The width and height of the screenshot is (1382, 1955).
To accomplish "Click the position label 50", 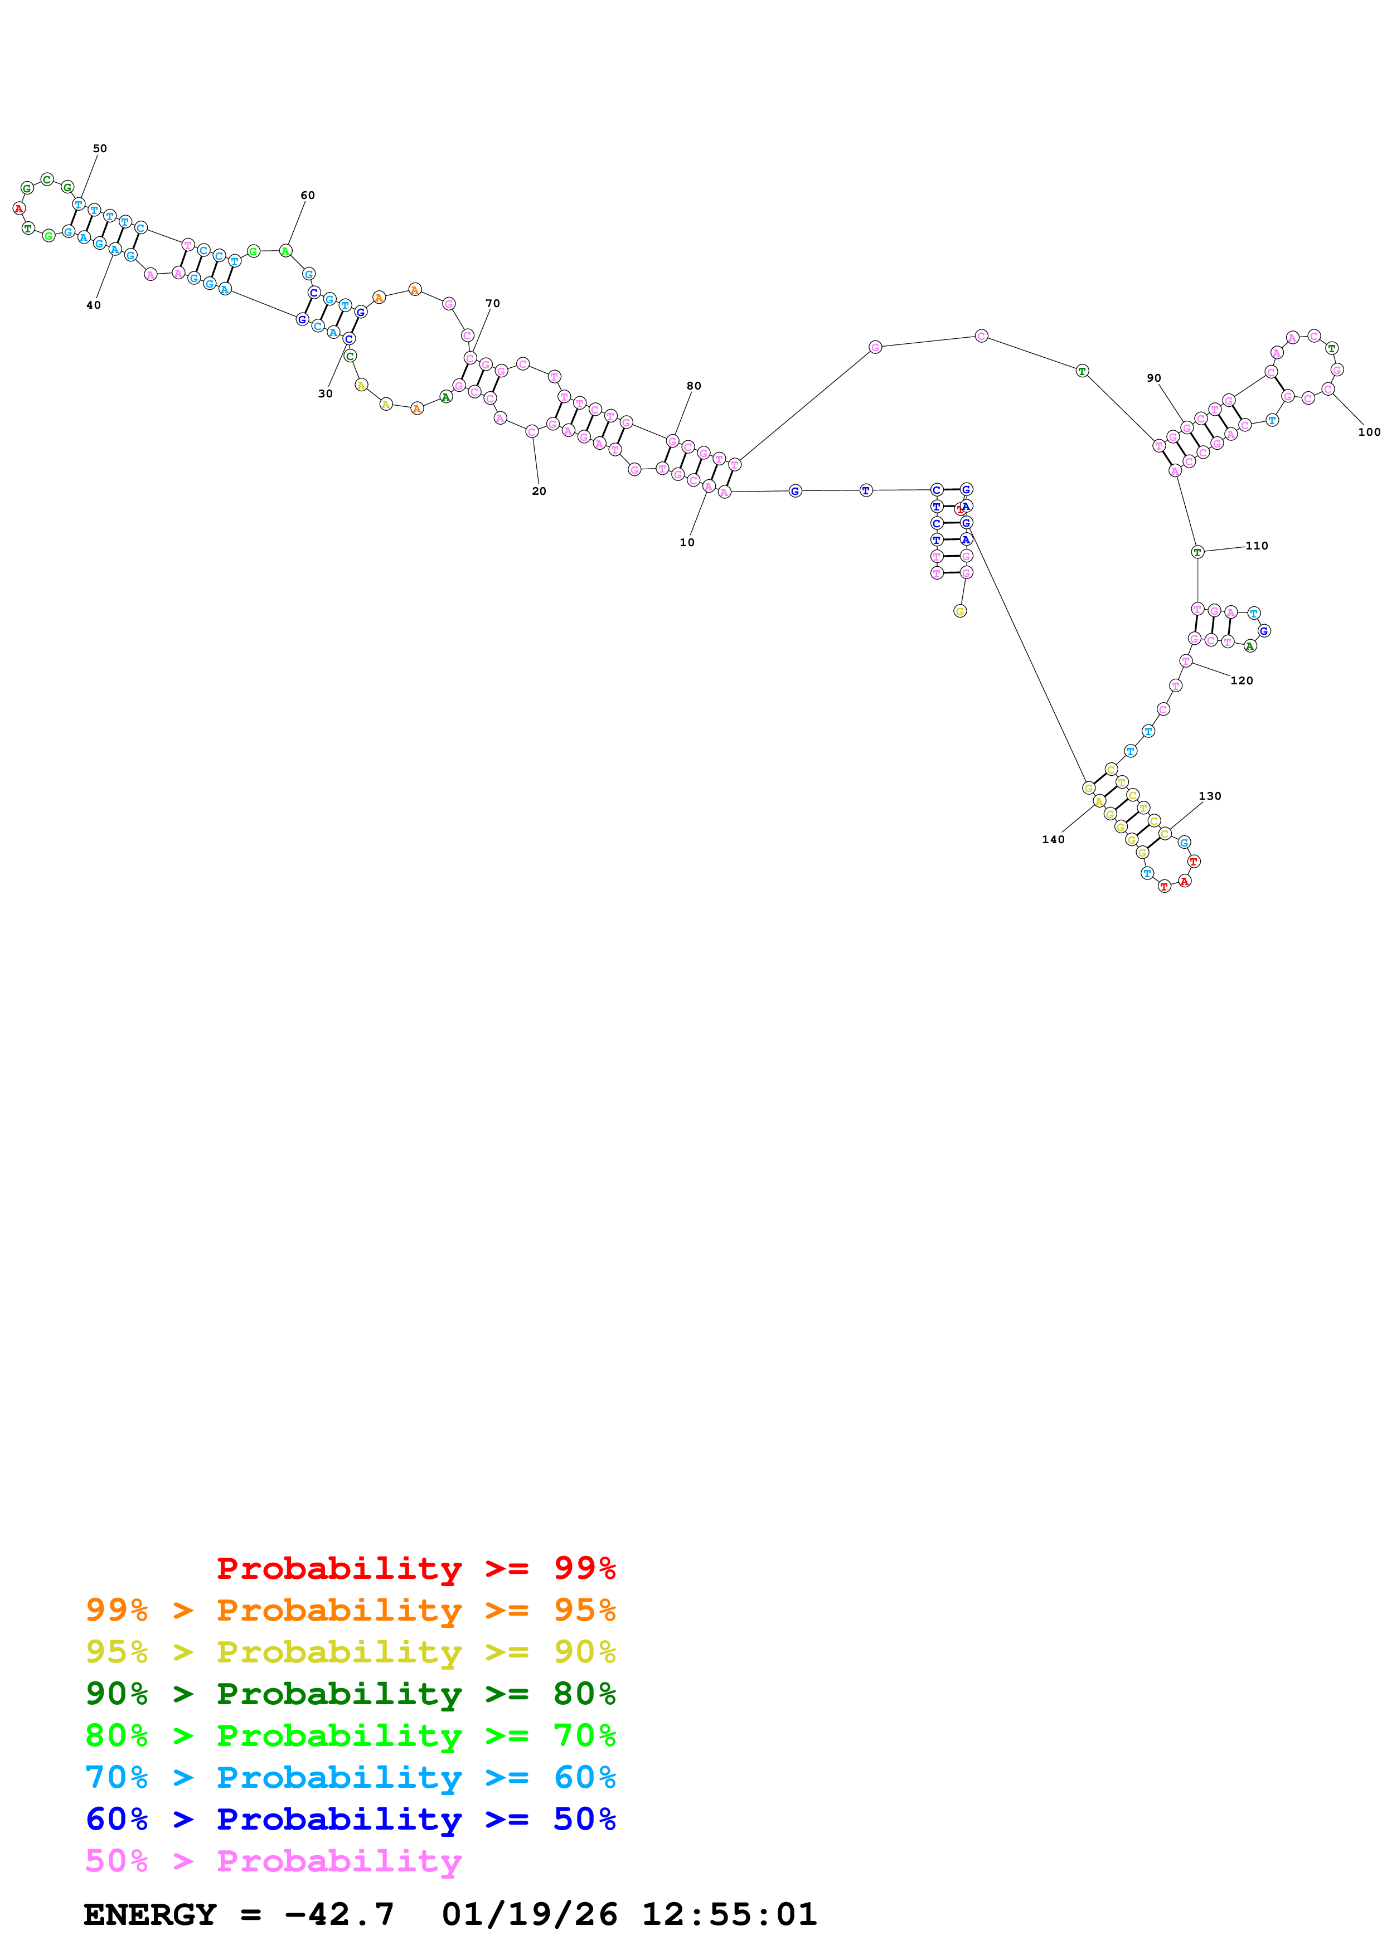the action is (100, 148).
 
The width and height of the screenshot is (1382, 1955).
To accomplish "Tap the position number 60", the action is (307, 195).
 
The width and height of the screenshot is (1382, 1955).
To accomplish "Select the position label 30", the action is (325, 393).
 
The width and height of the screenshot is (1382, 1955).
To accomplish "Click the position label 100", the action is (1369, 432).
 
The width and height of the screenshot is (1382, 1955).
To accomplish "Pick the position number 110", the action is (1257, 546).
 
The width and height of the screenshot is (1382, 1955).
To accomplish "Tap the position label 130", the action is (1210, 796).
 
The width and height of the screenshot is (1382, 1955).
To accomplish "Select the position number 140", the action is (1053, 839).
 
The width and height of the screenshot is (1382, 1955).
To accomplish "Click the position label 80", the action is (694, 386).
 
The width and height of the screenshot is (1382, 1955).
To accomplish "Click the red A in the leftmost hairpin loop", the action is (19, 208).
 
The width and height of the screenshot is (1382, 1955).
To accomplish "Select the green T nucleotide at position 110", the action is (1197, 552).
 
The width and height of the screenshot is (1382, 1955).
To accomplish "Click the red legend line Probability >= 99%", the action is (415, 1568).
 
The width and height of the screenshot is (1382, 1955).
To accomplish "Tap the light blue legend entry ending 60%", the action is (350, 1777).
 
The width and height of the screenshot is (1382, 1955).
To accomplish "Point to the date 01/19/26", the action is (529, 1914).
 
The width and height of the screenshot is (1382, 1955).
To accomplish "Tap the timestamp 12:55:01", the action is (729, 1914).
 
